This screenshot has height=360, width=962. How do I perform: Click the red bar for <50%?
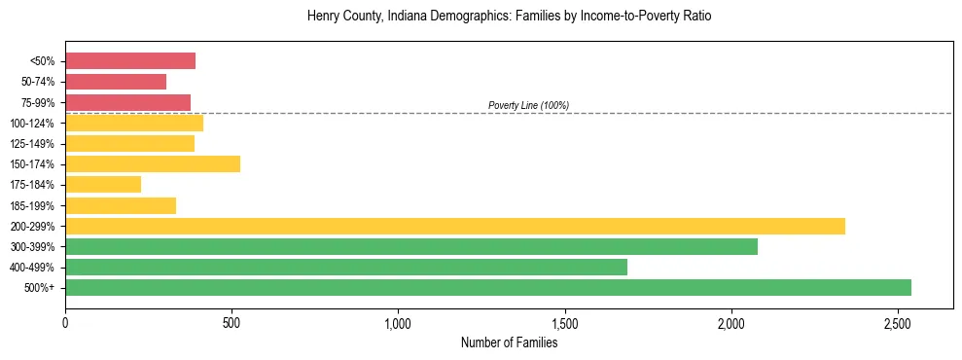[130, 61]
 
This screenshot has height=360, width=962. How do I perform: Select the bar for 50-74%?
[116, 82]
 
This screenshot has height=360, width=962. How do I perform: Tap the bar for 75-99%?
[127, 102]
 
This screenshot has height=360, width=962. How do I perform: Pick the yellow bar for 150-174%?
[153, 164]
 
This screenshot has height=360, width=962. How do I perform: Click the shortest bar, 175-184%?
[103, 185]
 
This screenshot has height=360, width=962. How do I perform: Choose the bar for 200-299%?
[455, 226]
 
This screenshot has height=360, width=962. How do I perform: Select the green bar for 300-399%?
[411, 246]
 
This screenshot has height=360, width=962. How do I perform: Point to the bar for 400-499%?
[346, 267]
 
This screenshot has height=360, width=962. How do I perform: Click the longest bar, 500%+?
[488, 287]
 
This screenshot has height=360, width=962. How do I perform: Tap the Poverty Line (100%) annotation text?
[528, 105]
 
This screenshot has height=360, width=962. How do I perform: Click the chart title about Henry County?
[510, 17]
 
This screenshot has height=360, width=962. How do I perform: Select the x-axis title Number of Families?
[509, 342]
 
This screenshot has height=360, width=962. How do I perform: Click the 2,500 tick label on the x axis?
[897, 322]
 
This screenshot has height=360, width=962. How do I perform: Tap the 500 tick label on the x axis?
[232, 322]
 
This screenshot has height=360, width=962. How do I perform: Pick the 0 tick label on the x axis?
[65, 322]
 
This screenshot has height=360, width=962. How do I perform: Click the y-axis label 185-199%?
[32, 205]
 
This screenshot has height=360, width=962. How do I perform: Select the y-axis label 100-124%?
[32, 124]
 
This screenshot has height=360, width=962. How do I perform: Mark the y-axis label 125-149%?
[32, 144]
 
